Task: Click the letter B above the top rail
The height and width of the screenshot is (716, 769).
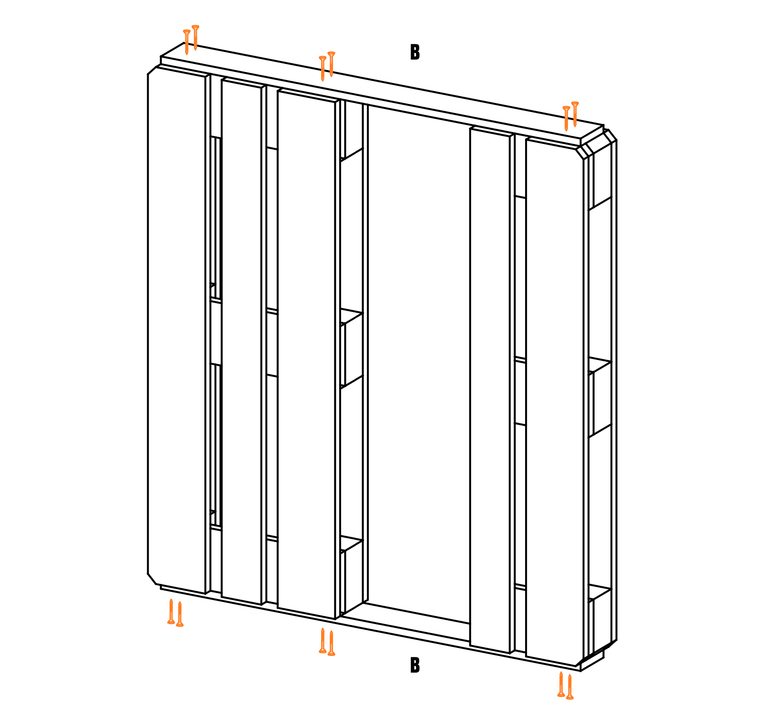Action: point(415,52)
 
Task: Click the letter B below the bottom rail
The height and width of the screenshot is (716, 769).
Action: point(415,665)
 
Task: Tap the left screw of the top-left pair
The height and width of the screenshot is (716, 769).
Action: point(187,42)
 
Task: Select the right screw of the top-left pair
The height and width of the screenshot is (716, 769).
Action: point(195,38)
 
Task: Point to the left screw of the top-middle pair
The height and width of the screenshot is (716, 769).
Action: point(323,69)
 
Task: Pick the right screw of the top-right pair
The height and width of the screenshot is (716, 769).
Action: point(575,114)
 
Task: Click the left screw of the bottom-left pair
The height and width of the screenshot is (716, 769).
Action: point(171,611)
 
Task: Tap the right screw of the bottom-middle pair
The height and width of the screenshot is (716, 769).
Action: point(332,643)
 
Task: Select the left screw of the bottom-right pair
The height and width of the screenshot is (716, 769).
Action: point(561,684)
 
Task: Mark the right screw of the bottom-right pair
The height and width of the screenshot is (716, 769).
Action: point(570,686)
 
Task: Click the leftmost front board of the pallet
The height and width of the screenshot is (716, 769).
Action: point(176,329)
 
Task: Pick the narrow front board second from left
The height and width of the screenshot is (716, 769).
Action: point(242,341)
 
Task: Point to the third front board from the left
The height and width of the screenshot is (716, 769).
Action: point(306,355)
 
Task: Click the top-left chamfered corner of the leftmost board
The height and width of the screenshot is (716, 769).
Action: point(152,70)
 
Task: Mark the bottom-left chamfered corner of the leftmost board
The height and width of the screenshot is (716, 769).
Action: point(152,579)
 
